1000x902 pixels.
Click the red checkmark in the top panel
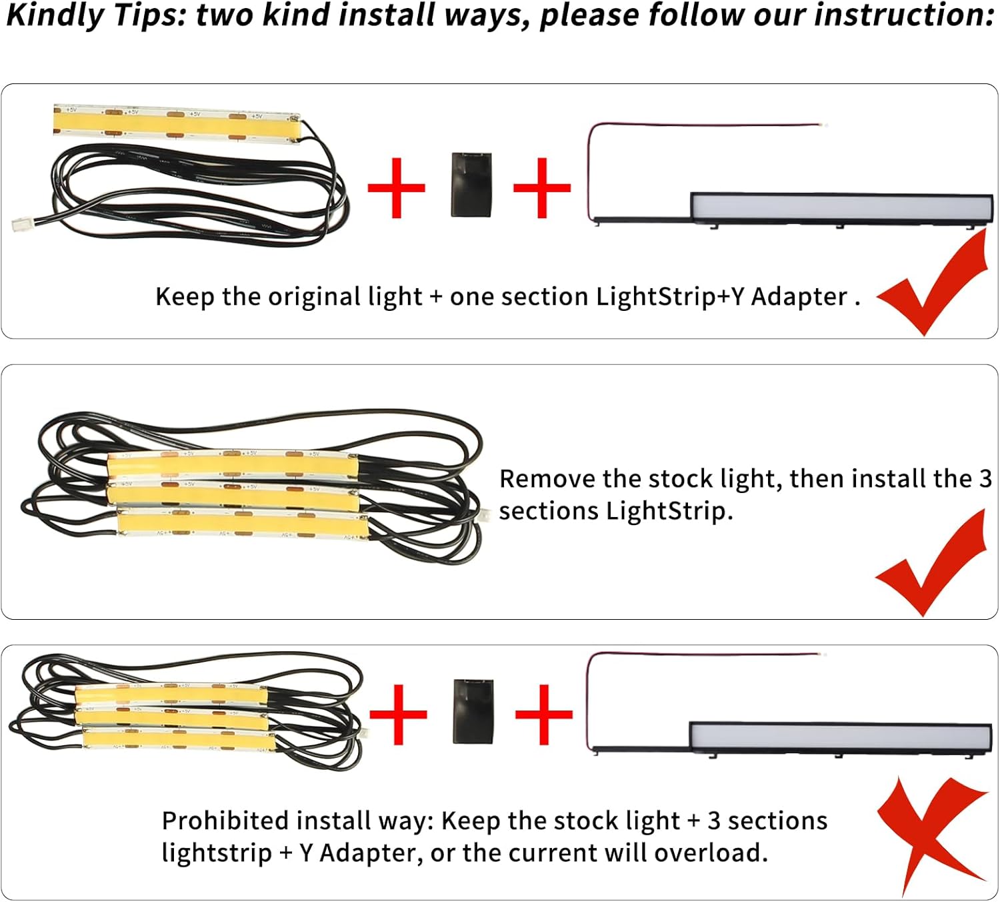coord(933,284)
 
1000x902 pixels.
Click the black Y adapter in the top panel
coord(471,185)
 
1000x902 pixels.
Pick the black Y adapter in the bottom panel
coord(473,711)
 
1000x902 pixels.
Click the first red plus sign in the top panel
coord(396,187)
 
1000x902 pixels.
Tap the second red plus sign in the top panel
coord(542,187)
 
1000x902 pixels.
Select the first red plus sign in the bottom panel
coord(398,715)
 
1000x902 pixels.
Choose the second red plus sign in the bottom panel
coord(544,715)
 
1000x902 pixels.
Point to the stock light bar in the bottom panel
coord(840,737)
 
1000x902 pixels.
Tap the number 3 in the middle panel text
coord(985,479)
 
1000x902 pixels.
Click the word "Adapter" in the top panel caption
coord(799,297)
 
